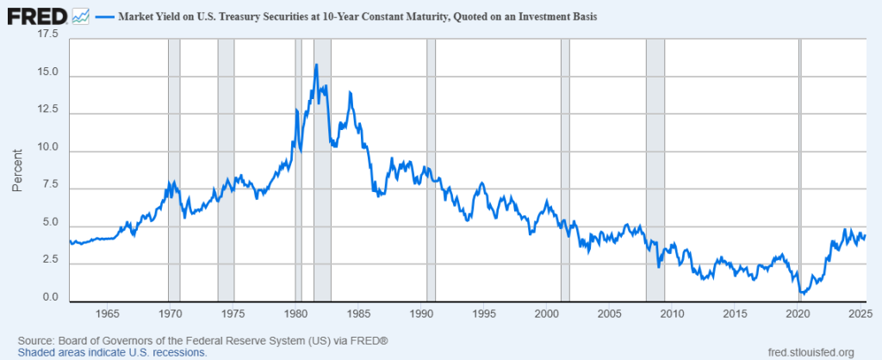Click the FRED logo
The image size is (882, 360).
[x=37, y=16]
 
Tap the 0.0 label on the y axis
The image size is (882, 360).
[x=50, y=299]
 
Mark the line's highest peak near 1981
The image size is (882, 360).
[x=317, y=65]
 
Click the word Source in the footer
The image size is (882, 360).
[x=35, y=341]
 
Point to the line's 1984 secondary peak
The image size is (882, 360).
[x=350, y=92]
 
